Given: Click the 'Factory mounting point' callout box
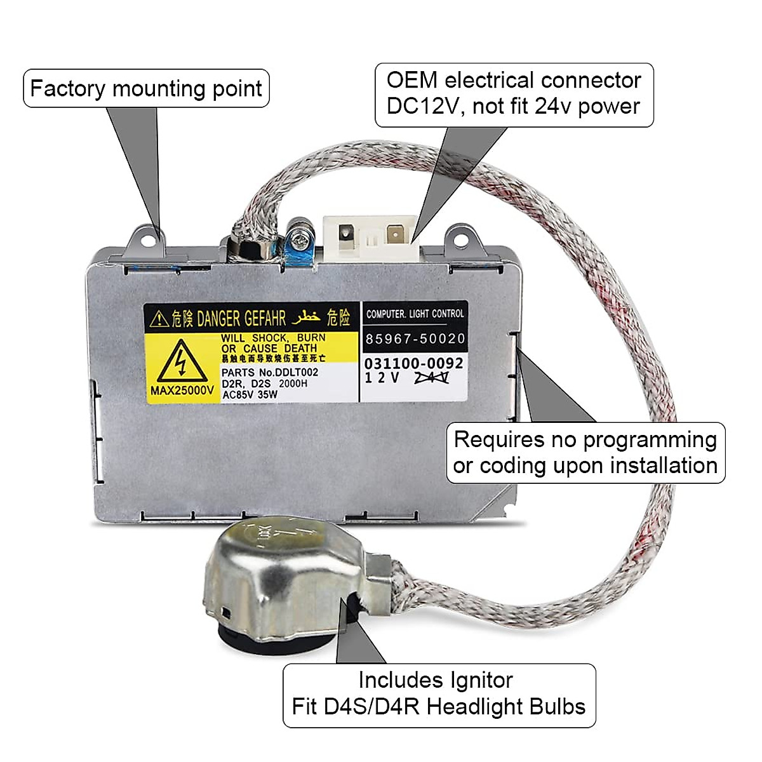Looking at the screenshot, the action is coord(146,88).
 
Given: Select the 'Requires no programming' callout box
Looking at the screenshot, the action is coord(585,453).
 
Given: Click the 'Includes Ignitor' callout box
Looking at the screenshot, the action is coord(439,695).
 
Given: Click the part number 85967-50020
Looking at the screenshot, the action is coord(415,339).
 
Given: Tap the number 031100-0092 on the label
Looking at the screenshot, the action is coord(413,364).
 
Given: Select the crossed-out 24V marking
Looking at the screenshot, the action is coord(432,378).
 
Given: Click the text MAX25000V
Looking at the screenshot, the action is coord(182,391).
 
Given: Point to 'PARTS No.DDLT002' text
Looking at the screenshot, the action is coord(270,372).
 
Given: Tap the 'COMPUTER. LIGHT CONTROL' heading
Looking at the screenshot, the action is coord(415,314).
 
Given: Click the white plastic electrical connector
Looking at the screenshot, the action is coord(370,238).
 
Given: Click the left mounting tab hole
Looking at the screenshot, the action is coord(149,239).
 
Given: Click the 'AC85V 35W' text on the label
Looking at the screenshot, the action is coord(250,394).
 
